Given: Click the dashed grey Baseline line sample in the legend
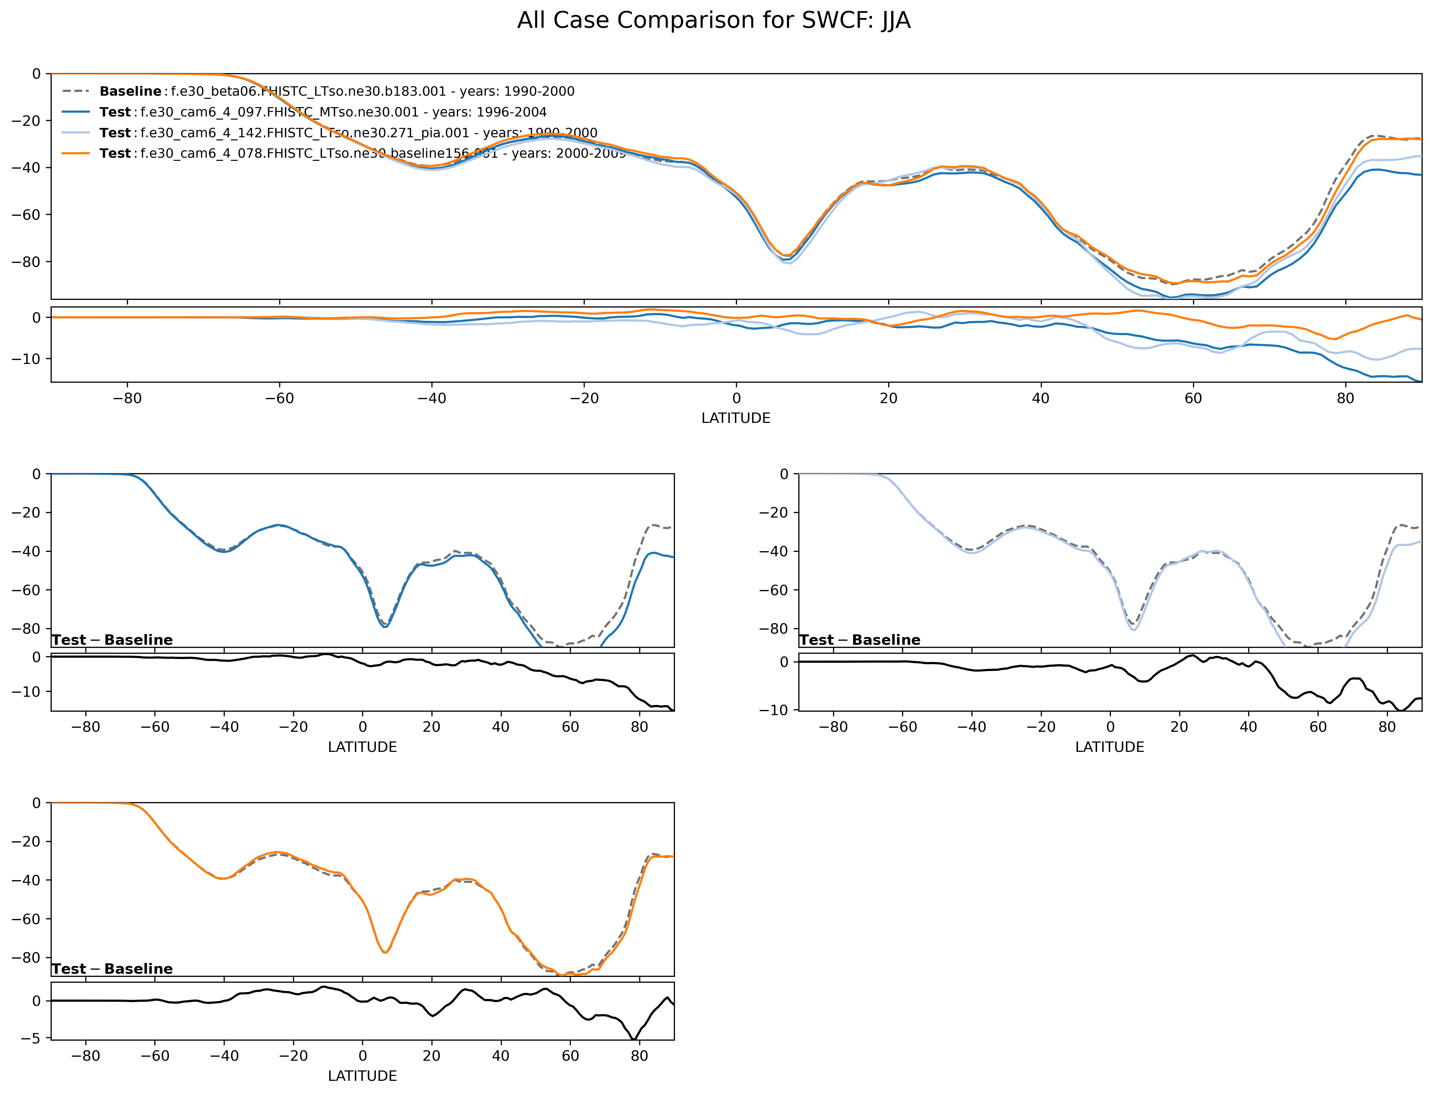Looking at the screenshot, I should [76, 91].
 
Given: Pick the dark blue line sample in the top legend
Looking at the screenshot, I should [76, 112].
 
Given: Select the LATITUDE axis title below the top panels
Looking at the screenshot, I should [736, 418].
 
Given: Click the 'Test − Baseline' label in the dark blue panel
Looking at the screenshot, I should [112, 640].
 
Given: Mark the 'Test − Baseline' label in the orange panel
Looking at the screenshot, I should [112, 969].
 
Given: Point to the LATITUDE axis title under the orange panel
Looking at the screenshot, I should [362, 1076].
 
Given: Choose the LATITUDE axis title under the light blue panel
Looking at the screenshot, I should [1109, 747].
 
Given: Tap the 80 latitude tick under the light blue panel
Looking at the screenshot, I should [1387, 727].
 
